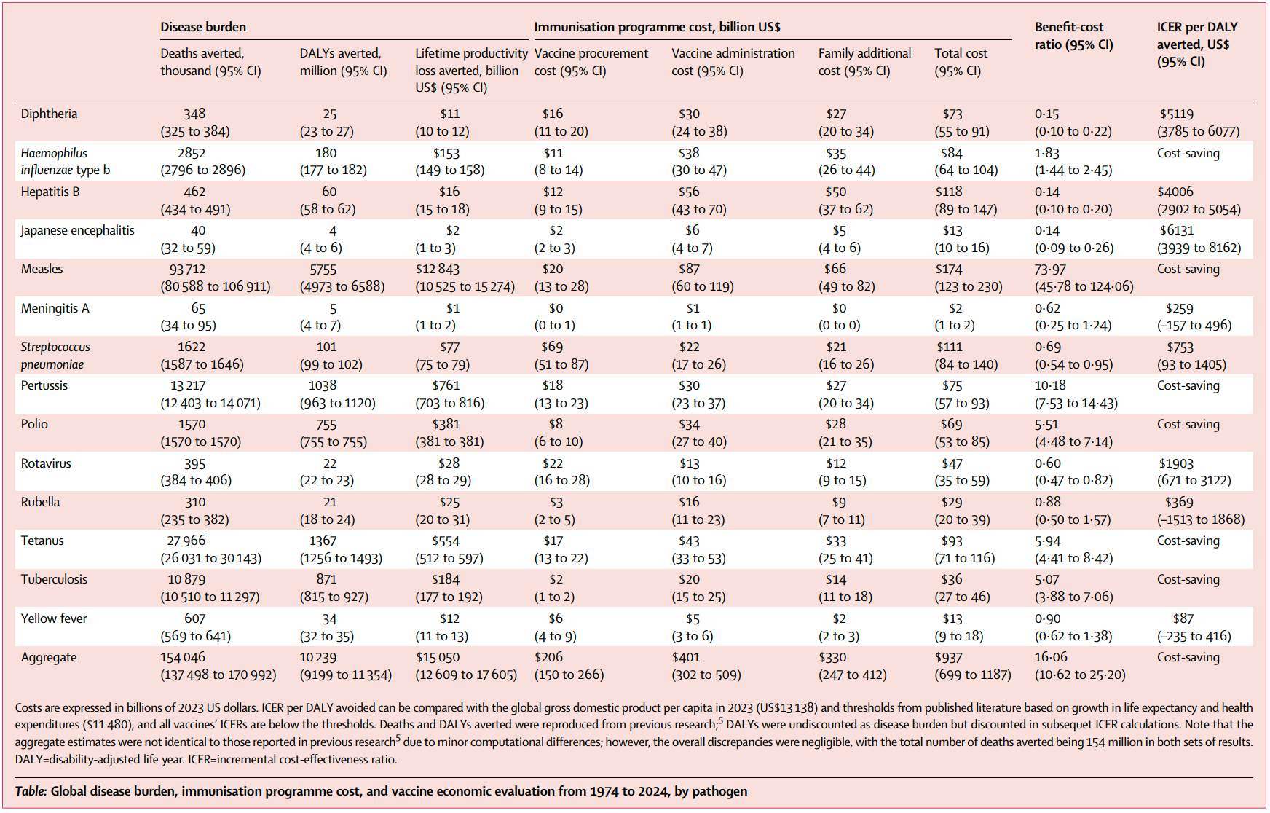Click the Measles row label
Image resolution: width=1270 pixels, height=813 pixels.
42,269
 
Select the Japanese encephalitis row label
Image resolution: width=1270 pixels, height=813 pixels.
77,231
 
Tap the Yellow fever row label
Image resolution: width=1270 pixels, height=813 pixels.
54,618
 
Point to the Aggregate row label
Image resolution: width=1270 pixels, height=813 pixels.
49,658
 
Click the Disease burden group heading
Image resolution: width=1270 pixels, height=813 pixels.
203,27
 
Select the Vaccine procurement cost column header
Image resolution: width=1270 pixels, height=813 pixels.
591,62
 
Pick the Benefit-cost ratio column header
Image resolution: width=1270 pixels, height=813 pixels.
1073,36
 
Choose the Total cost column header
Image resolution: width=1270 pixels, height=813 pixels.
961,62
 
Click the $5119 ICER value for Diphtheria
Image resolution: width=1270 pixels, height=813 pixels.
1176,114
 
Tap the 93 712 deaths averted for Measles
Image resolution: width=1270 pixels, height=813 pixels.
187,270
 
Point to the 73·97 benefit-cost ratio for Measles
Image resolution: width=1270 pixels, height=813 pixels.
1050,270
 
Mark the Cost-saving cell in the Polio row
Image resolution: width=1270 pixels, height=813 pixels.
1188,425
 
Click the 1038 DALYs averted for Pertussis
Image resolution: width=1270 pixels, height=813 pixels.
323,386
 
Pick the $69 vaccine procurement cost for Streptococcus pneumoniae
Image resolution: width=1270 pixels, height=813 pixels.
552,347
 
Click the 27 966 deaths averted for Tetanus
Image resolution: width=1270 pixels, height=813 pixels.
186,541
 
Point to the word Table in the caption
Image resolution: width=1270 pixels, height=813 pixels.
31,792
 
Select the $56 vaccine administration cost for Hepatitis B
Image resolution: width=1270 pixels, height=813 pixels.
689,192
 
